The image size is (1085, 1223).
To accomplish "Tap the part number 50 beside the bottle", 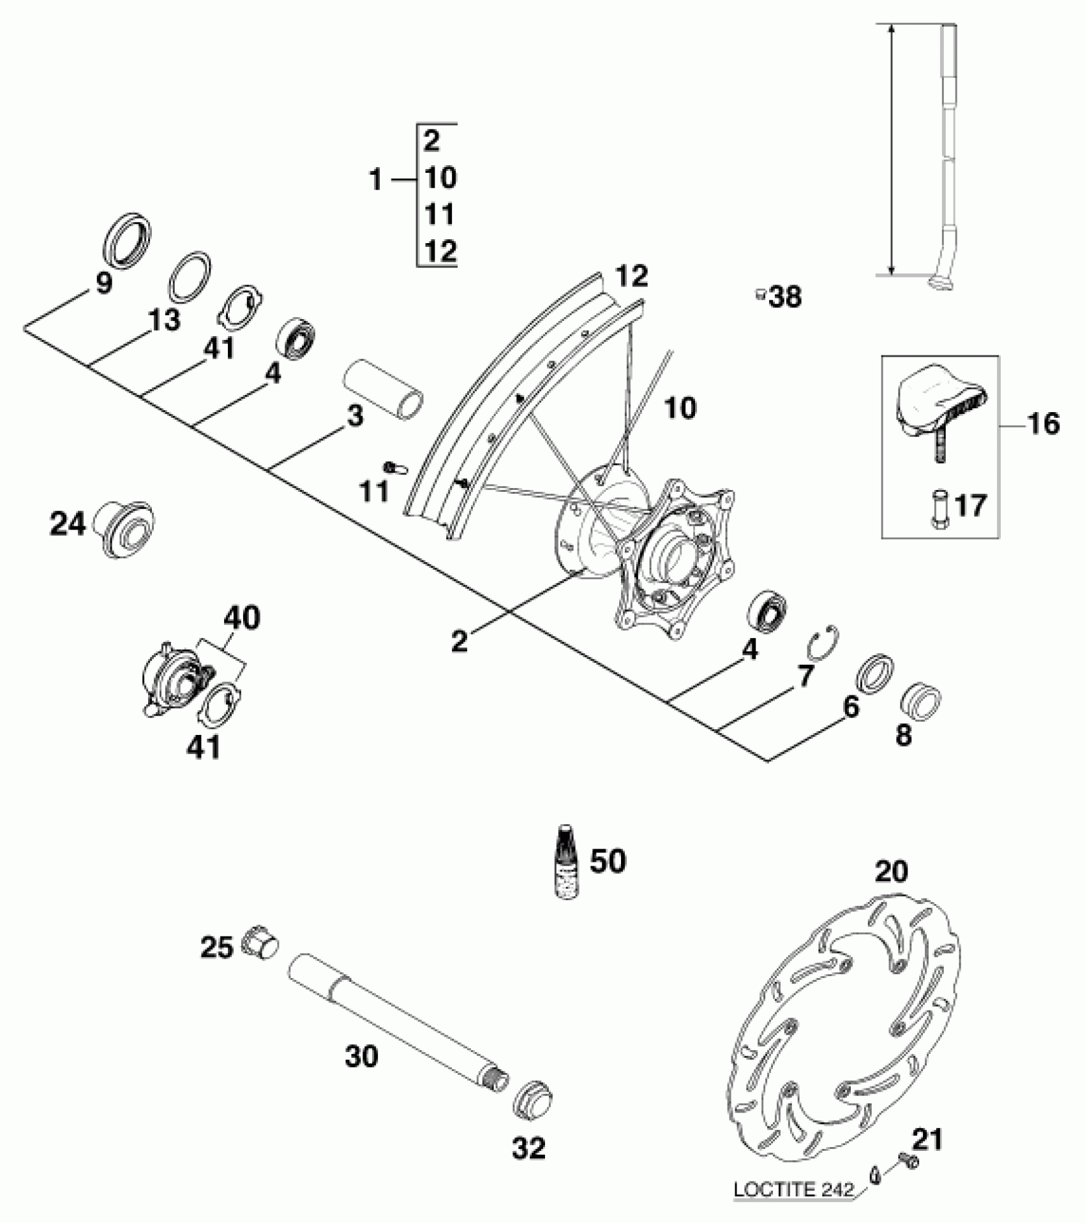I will click(x=608, y=861).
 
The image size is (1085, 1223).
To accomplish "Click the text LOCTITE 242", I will click(x=793, y=1189).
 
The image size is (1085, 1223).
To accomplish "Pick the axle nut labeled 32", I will click(x=533, y=1098).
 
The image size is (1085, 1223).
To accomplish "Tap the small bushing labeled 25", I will click(x=260, y=943).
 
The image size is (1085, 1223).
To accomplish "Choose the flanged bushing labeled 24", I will click(x=125, y=528).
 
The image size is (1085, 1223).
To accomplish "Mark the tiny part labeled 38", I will click(x=760, y=294).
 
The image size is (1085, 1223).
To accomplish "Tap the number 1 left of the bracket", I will click(x=376, y=181).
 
